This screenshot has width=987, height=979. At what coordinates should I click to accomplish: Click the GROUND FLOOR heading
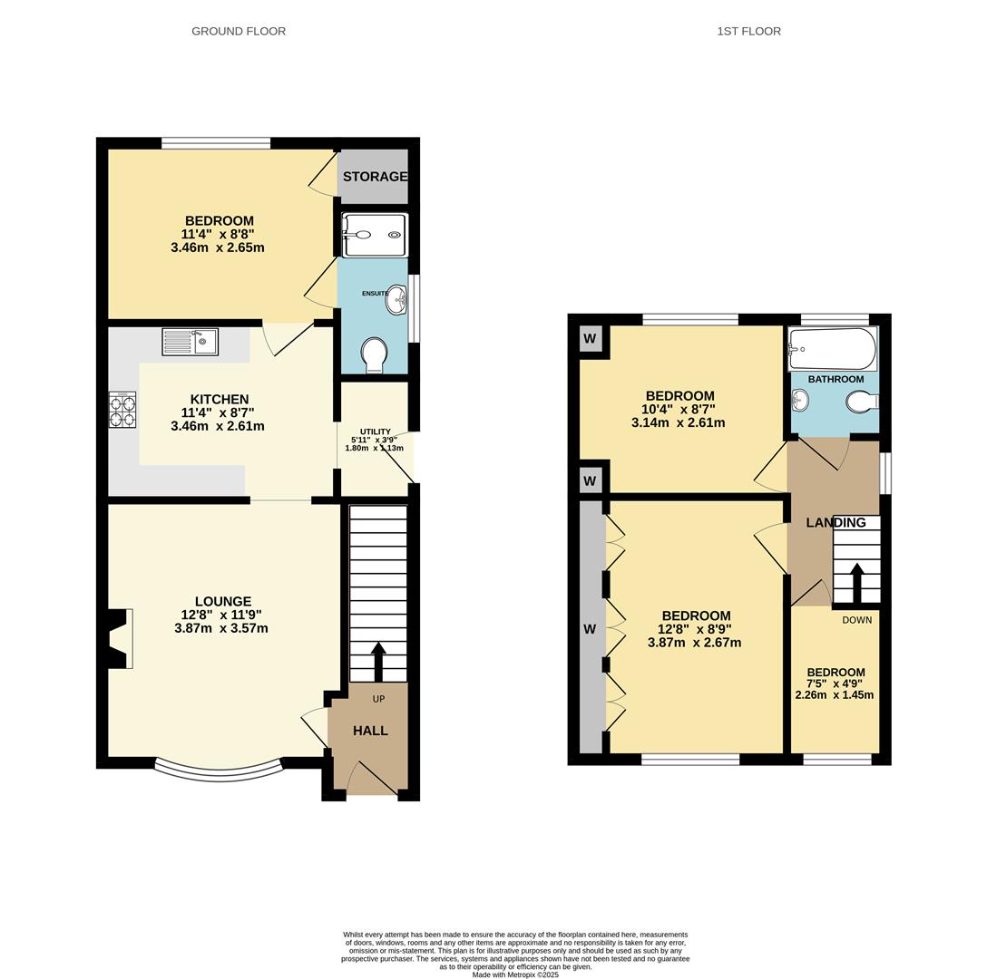239,31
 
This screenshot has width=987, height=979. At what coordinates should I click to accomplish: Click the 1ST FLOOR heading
748,31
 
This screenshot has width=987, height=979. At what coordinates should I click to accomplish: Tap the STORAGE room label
375,177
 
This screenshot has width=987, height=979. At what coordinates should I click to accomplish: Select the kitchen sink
191,342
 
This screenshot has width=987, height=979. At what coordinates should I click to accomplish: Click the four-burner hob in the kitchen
122,410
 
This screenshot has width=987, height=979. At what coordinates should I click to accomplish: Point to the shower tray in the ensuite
374,235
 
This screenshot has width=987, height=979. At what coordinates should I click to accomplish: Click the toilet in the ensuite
373,354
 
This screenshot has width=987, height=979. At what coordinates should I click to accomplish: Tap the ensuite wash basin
396,300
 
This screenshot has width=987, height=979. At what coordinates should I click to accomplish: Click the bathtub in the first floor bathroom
832,349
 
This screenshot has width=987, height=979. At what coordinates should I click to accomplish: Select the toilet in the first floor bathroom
862,401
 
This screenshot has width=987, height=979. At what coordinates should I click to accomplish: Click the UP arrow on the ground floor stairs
378,662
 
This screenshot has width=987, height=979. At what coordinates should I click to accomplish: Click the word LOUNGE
223,601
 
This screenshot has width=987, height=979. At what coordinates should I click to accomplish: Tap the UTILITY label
375,431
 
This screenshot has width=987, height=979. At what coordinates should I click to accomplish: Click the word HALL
370,731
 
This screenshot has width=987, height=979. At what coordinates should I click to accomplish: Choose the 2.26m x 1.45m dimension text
835,695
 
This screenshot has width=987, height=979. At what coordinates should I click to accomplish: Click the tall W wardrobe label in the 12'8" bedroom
590,628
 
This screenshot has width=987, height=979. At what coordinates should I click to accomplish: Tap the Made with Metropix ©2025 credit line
515,974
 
